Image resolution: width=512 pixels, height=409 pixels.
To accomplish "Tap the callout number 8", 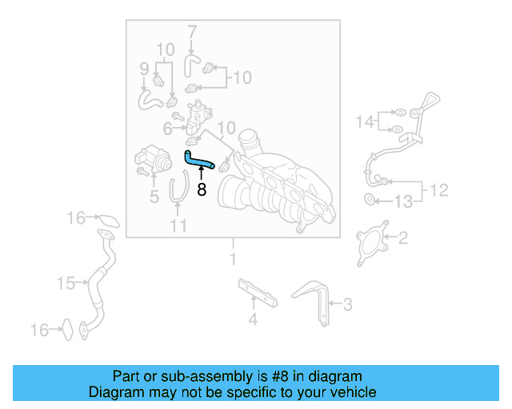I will [202, 190].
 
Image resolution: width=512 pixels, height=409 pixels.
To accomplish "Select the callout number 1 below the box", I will [234, 260].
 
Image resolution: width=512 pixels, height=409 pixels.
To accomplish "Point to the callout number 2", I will [403, 236].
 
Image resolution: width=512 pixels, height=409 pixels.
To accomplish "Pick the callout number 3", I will [346, 304].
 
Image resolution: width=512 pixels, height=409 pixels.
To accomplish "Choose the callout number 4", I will [253, 320].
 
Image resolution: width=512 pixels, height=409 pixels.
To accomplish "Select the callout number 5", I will [154, 194].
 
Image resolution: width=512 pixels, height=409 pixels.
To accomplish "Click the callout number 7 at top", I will [192, 33].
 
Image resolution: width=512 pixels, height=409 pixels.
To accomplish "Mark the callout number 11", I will [178, 225].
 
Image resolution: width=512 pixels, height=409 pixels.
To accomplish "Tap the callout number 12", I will [439, 191].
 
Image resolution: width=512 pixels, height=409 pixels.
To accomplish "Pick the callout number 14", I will [365, 122].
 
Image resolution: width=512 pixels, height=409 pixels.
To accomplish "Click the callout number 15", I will [65, 282].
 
